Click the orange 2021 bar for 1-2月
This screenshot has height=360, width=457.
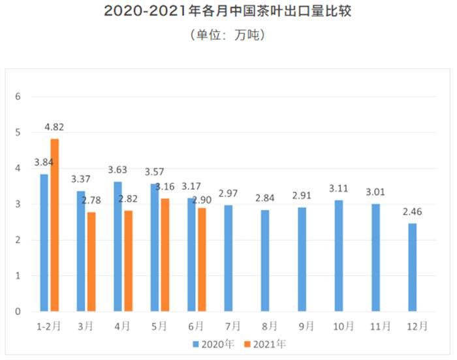pos(54,225)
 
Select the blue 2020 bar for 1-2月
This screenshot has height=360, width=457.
pos(44,243)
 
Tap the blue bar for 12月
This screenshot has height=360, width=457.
pos(412,267)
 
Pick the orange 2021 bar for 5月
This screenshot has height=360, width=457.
pos(165,255)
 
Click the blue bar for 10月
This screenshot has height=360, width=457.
pos(339,256)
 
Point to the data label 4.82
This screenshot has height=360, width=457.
pos(54,128)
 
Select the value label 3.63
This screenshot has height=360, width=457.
pos(118,171)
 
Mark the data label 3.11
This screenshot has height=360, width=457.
pos(339,189)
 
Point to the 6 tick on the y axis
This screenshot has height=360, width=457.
pos(19,97)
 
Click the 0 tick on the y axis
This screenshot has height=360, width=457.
pos(19,312)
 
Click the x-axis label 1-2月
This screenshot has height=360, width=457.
pos(48,325)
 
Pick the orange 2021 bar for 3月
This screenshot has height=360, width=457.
pos(91,262)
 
